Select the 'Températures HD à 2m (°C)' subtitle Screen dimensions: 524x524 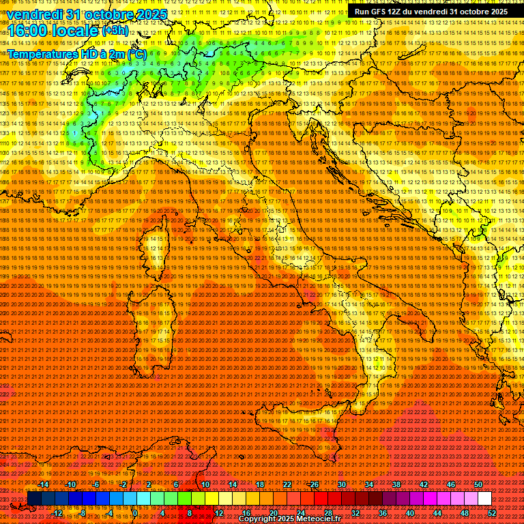[x=76, y=53]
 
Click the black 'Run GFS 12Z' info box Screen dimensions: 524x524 [x=431, y=12]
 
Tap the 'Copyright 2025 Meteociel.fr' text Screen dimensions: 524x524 [x=289, y=519]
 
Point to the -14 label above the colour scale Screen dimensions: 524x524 [x=44, y=484]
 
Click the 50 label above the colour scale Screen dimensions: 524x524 [x=478, y=484]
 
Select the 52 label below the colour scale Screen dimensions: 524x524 [x=492, y=513]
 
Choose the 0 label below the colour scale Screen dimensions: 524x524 [x=135, y=513]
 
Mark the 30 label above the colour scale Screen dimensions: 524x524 [x=341, y=484]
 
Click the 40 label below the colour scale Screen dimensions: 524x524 [x=410, y=513]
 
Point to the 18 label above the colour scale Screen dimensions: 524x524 [x=259, y=484]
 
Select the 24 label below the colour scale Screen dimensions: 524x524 [x=300, y=513]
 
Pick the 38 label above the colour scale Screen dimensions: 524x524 [x=396, y=484]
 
